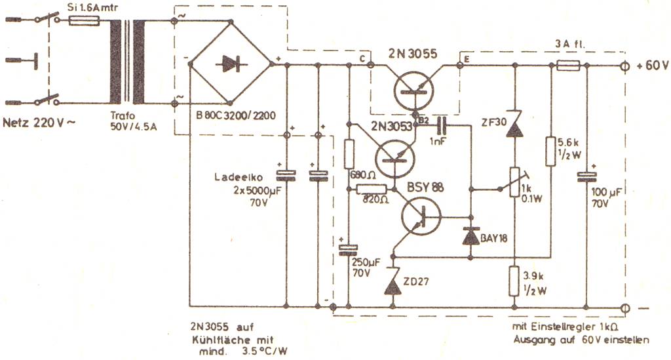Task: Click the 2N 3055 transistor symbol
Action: coord(413,90)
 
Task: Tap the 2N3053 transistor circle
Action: coord(394,159)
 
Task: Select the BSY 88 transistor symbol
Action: coord(421,216)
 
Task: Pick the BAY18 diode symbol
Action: coord(470,236)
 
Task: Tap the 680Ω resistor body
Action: coord(349,154)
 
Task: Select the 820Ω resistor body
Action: coord(372,190)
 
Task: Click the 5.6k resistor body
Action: coord(550,151)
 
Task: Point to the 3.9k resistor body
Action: coord(514,281)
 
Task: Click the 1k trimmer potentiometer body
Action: coord(514,182)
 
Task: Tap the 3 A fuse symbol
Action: coord(568,66)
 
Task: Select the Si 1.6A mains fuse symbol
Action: coord(85,20)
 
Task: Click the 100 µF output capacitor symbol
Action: coord(586,177)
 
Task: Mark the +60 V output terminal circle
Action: coord(625,66)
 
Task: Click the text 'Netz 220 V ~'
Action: coord(39,123)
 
